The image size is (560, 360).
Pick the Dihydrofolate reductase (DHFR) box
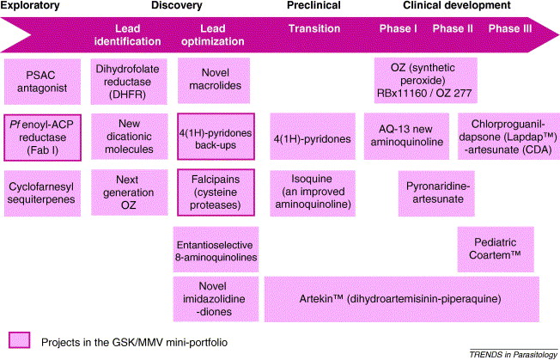coord(126,80)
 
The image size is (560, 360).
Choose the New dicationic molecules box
coord(126,137)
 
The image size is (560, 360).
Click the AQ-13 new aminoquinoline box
coord(405,137)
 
